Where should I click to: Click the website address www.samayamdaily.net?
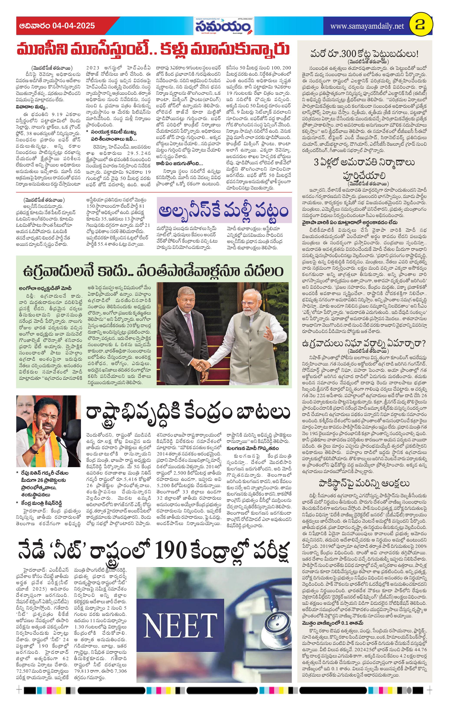coord(367,26)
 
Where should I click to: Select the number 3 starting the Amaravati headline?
coord(316,163)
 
